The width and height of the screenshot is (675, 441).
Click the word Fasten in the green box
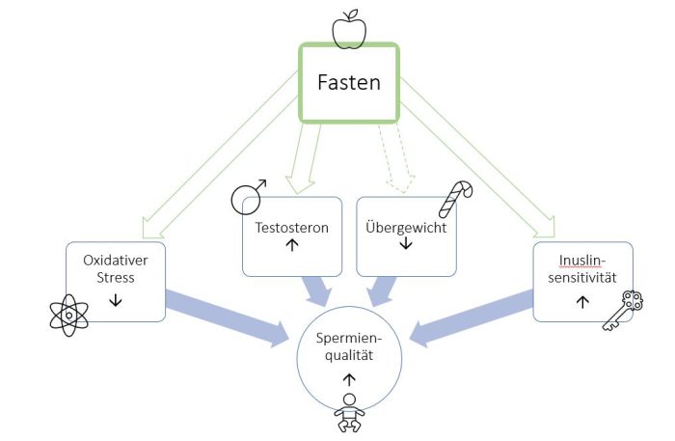click(x=350, y=82)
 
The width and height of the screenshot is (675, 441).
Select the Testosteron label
click(x=290, y=228)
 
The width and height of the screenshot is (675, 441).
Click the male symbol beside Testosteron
click(x=247, y=198)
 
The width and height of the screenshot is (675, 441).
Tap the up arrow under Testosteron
click(x=290, y=245)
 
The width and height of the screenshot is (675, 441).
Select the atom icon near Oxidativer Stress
click(x=69, y=315)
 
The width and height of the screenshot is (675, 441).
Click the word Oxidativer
click(x=116, y=261)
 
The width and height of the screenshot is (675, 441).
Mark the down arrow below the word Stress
click(x=116, y=300)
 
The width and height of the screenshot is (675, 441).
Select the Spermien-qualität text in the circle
click(x=348, y=345)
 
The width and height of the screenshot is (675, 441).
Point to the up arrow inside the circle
click(x=348, y=379)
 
